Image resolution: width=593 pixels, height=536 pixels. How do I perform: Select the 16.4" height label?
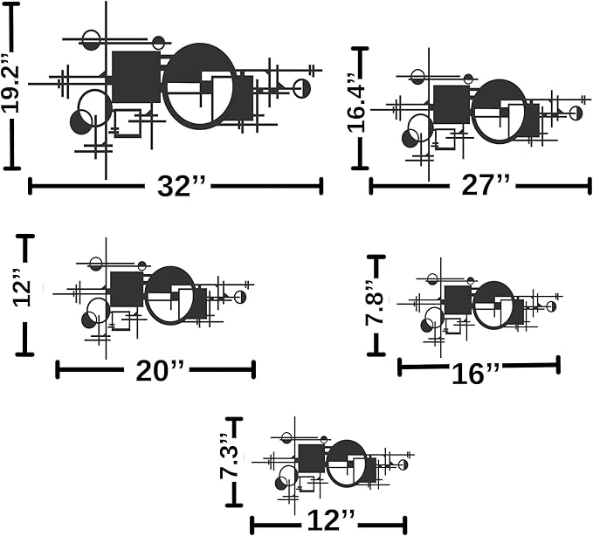[357, 103]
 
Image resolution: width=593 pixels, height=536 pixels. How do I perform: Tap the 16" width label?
[475, 374]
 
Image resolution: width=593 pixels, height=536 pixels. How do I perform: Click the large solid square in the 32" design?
[136, 77]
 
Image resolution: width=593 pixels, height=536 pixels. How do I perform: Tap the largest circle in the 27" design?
[500, 112]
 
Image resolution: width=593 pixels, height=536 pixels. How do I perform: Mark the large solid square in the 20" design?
[127, 289]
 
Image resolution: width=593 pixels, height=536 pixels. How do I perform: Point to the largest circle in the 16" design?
[493, 306]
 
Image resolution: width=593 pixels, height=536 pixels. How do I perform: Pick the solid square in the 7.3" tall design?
[312, 458]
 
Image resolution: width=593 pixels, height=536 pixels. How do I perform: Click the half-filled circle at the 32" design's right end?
[302, 89]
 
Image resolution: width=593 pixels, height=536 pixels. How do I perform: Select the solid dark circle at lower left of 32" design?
[81, 122]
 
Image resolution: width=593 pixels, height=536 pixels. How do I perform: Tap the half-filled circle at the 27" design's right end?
[576, 113]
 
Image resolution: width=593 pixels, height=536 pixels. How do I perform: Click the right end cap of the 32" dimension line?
[321, 186]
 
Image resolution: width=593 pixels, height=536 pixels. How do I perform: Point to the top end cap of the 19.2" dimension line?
[11, 4]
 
